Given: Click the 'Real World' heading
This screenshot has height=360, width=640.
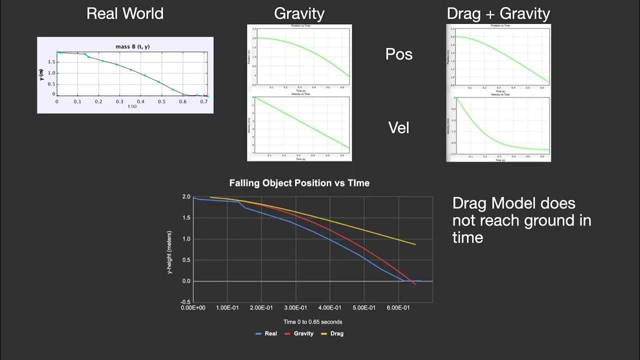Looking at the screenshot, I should [x=125, y=13].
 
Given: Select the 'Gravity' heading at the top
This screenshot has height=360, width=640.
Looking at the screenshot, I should [x=299, y=13].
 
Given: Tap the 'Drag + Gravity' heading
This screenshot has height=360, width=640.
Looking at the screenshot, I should [x=498, y=14].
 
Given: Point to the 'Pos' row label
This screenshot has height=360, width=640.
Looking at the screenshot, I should [x=398, y=54].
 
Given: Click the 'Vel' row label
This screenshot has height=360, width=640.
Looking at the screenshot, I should [x=398, y=128].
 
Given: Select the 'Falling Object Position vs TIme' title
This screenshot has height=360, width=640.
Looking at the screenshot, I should [x=299, y=183].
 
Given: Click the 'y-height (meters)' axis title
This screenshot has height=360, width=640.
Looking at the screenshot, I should [x=170, y=249].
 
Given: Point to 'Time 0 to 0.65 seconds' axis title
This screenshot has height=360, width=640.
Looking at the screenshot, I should [x=312, y=322].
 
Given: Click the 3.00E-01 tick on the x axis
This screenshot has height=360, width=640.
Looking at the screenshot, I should [x=295, y=308].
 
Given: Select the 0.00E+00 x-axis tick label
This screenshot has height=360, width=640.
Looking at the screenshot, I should [x=193, y=308].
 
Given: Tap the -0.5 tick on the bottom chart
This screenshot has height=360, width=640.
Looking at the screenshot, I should [x=185, y=302].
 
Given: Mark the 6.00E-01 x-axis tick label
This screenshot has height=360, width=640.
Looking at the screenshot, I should [x=398, y=308].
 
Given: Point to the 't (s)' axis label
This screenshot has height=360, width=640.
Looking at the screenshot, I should [x=132, y=107].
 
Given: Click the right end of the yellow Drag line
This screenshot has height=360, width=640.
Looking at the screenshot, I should [x=415, y=244].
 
